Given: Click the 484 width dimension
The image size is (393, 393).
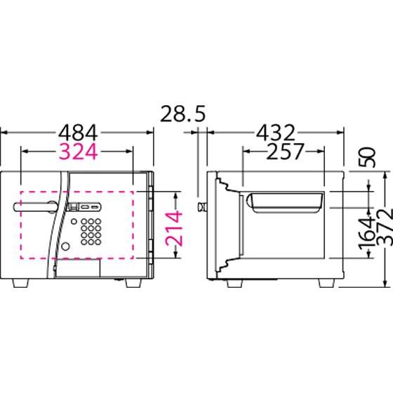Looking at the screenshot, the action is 78,133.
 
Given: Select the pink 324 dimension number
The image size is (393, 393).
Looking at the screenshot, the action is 78,152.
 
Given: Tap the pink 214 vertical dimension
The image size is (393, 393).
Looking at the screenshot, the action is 174,228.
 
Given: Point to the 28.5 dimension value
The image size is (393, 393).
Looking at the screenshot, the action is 182,114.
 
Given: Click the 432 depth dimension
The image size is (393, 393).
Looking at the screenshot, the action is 275,133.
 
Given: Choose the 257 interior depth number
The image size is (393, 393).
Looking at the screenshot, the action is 285,152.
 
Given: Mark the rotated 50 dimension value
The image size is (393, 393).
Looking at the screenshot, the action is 368,157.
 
